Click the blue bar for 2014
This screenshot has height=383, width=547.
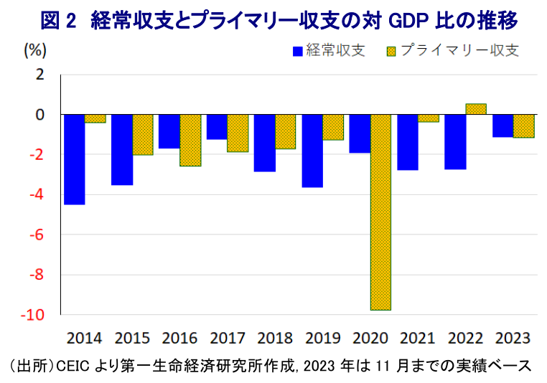click(x=75, y=159)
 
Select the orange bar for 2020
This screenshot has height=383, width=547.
click(x=380, y=212)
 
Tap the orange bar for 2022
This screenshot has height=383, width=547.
click(x=475, y=109)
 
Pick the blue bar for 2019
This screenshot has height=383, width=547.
click(x=312, y=151)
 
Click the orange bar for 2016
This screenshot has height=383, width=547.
click(x=190, y=140)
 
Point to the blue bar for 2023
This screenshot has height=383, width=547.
click(x=502, y=126)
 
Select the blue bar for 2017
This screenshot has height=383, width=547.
click(x=217, y=127)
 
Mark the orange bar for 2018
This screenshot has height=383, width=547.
click(x=286, y=131)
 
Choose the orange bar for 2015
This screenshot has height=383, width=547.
click(x=143, y=134)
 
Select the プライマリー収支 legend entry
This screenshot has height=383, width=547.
click(x=452, y=50)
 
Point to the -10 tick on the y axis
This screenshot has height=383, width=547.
click(x=35, y=315)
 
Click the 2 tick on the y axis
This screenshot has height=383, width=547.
click(x=41, y=75)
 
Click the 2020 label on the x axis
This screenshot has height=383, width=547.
click(x=370, y=337)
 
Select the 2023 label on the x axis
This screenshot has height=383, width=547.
click(x=513, y=337)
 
